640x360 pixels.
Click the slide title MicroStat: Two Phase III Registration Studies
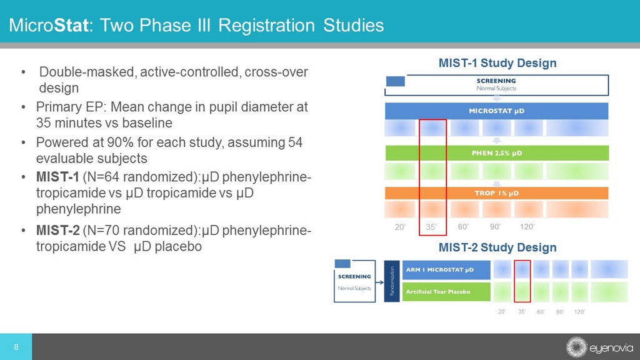coord(196,26)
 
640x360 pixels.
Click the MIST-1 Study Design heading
coord(497,63)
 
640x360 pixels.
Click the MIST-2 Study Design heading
coord(497,247)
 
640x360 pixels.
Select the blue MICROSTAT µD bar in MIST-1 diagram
coord(496,111)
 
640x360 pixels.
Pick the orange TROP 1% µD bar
coord(496,193)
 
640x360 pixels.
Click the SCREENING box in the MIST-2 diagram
coord(354,281)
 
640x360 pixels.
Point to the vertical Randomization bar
coord(391,281)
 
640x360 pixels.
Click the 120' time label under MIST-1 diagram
coord(527,227)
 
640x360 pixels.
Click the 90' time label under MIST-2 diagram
coord(560,311)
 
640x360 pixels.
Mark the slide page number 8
coord(16,347)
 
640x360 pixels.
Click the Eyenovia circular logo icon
coord(576,347)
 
